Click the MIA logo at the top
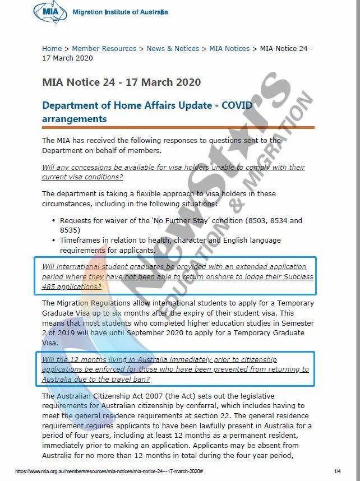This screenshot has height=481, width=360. (51, 12)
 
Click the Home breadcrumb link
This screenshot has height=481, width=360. (52, 49)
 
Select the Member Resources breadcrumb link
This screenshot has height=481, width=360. (104, 49)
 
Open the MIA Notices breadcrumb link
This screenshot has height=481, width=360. (229, 49)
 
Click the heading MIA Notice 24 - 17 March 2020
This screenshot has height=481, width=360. (121, 82)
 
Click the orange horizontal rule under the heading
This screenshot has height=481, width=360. (178, 127)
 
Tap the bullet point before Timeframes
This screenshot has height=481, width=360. (53, 240)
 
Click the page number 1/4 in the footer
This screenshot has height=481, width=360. (338, 471)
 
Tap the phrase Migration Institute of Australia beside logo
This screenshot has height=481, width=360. (119, 12)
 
